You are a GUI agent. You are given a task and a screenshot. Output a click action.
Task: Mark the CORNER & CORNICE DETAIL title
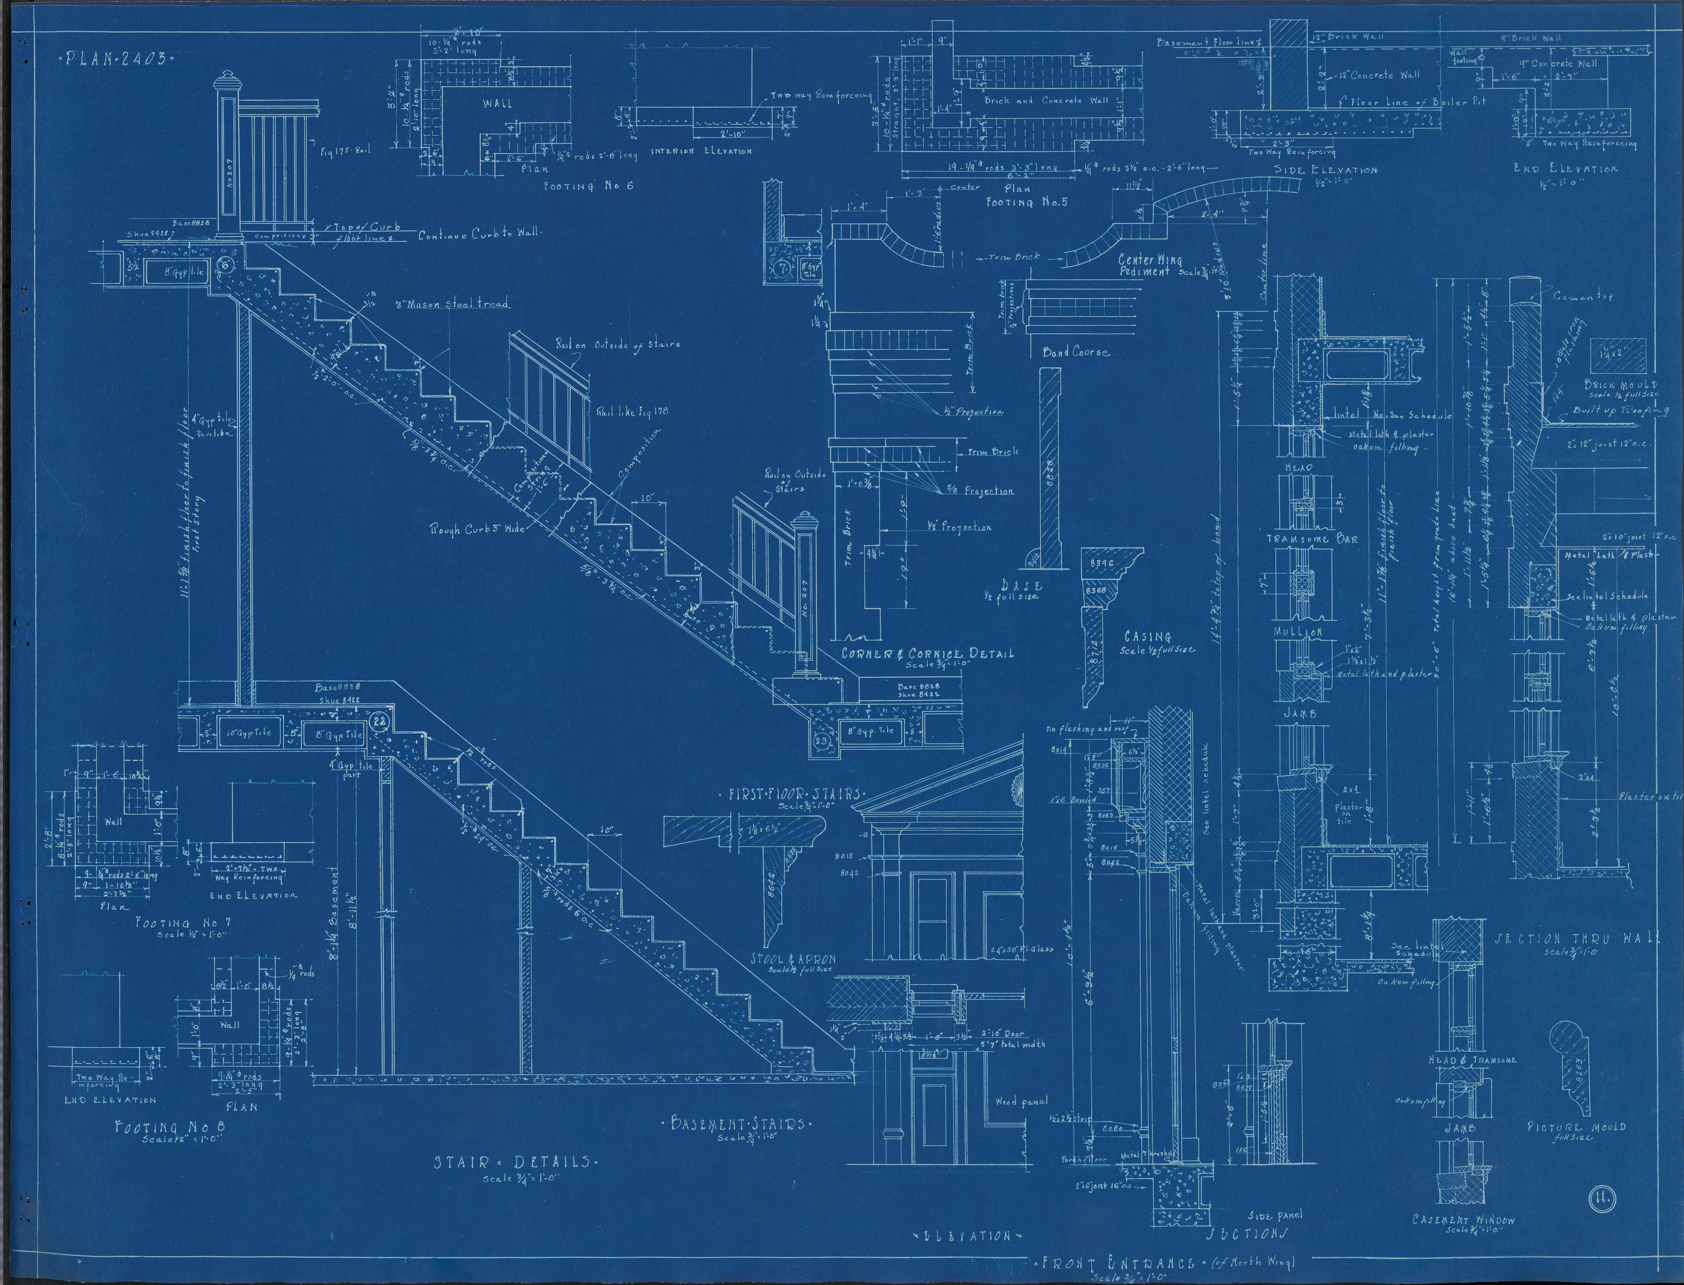click(x=927, y=654)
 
